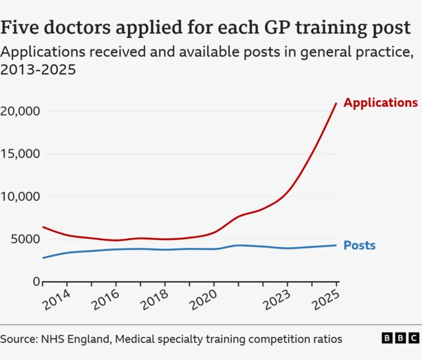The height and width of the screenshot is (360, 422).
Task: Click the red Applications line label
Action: pos(380,103)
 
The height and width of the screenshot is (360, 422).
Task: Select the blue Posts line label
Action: pos(359,246)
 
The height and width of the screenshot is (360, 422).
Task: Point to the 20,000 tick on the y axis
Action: pos(20,111)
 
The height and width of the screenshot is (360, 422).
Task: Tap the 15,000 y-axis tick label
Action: pos(20,154)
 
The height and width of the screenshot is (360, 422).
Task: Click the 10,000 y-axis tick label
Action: pos(20,196)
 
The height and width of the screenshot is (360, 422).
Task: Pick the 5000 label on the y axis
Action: pos(24,239)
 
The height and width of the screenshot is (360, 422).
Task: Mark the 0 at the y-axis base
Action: pos(37,282)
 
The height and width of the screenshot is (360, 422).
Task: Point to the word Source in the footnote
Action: pos(20,339)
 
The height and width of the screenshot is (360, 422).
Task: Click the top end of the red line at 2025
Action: pos(336,103)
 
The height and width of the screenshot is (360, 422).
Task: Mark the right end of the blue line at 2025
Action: pos(336,245)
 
